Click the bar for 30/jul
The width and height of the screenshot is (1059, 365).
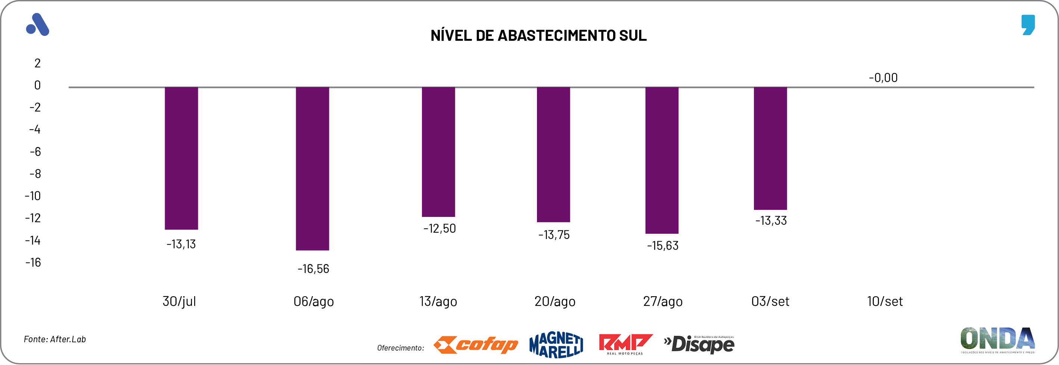[181, 158]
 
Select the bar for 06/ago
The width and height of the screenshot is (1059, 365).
[313, 168]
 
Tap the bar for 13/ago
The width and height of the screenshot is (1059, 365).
[438, 152]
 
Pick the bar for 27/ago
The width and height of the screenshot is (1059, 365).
[662, 160]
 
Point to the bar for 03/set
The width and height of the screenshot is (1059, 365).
[770, 148]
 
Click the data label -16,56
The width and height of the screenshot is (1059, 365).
[313, 269]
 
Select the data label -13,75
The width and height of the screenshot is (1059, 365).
[554, 235]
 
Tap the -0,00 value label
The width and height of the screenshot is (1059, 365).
[883, 78]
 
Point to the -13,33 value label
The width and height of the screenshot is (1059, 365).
[771, 221]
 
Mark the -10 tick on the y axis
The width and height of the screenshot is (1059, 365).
[33, 196]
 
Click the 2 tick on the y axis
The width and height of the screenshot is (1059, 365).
[37, 63]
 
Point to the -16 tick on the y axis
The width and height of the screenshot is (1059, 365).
[33, 263]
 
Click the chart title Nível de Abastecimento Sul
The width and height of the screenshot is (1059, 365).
[538, 36]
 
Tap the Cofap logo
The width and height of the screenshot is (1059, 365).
[476, 345]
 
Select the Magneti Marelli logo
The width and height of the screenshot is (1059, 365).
[556, 345]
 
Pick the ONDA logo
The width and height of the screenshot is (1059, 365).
[997, 340]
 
